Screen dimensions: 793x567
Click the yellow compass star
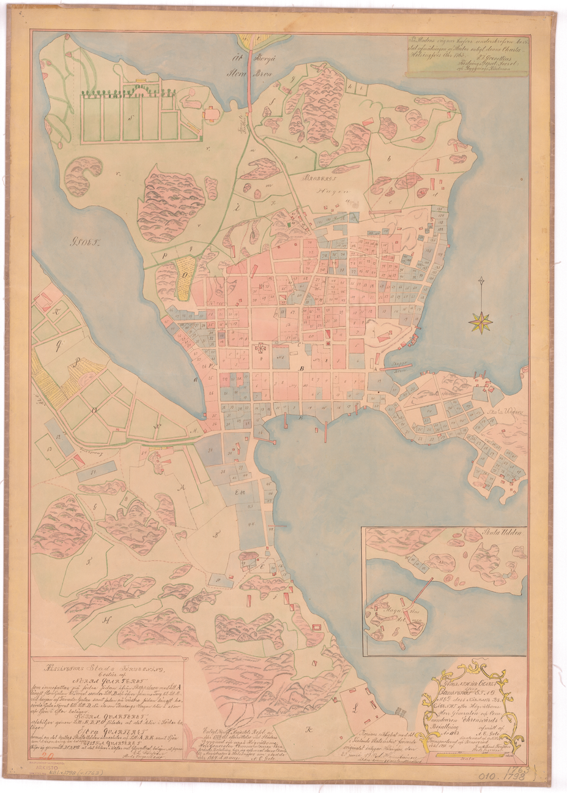coord(482,321)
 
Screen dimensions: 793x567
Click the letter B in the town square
coord(302,369)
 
